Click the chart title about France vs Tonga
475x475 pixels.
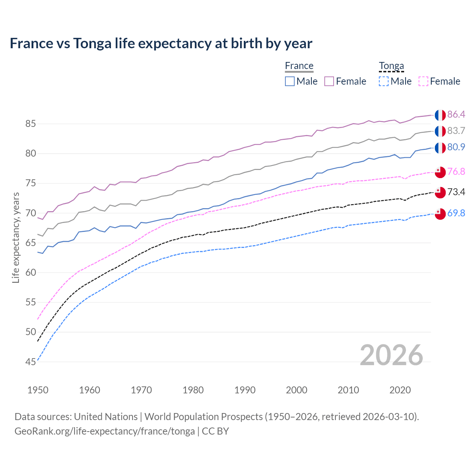pyautogui.click(x=161, y=43)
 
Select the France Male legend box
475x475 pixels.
pyautogui.click(x=290, y=81)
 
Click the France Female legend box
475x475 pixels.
pyautogui.click(x=329, y=81)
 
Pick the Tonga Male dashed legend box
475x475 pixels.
pyautogui.click(x=384, y=81)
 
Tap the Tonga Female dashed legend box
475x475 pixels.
pyautogui.click(x=423, y=81)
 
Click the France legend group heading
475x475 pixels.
pyautogui.click(x=299, y=66)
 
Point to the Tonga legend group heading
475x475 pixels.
pyautogui.click(x=391, y=66)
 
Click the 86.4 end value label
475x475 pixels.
pyautogui.click(x=456, y=114)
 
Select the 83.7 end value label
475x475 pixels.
pyautogui.click(x=456, y=131)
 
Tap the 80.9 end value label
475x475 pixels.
pyautogui.click(x=456, y=147)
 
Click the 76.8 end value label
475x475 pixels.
pyautogui.click(x=456, y=171)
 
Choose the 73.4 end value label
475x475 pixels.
pyautogui.click(x=456, y=192)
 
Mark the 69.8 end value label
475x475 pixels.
pyautogui.click(x=456, y=213)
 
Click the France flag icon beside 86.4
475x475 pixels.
pyautogui.click(x=440, y=115)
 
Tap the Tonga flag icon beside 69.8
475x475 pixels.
pyautogui.click(x=440, y=214)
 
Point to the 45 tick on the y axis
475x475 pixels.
pyautogui.click(x=30, y=362)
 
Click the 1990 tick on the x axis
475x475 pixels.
pyautogui.click(x=245, y=390)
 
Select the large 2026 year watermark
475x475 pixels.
pyautogui.click(x=391, y=355)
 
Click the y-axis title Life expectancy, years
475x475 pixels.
pyautogui.click(x=16, y=237)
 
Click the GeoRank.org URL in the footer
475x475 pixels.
pyautogui.click(x=105, y=431)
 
